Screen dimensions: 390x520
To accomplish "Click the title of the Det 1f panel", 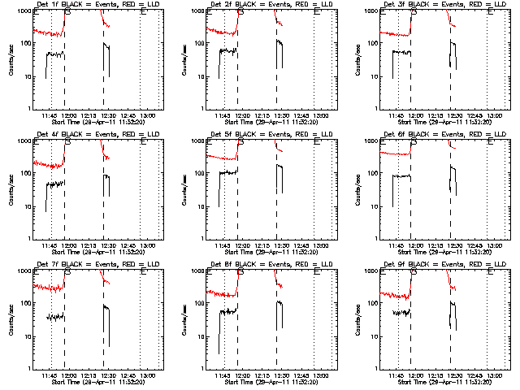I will pyautogui.click(x=97, y=5).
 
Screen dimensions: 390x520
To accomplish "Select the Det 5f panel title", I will pyautogui.click(x=270, y=135).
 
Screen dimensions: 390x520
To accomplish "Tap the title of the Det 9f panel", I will pyautogui.click(x=444, y=265).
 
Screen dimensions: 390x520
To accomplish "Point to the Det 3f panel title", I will pyautogui.click(x=444, y=5).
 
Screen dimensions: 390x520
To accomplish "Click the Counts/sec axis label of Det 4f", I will pyautogui.click(x=11, y=190).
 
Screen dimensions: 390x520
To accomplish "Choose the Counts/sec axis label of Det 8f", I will pyautogui.click(x=184, y=320).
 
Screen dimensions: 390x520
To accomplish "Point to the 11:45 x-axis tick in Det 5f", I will pyautogui.click(x=222, y=245).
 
